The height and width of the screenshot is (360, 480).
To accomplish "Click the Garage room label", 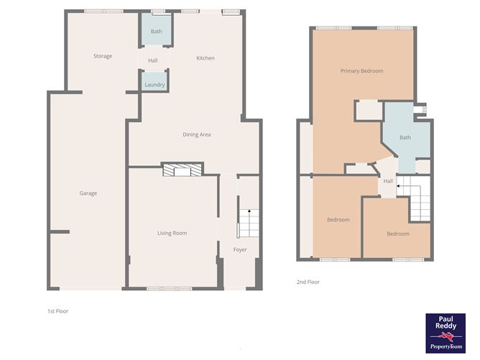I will click(x=88, y=193).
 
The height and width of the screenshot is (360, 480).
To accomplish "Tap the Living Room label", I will click(x=172, y=233).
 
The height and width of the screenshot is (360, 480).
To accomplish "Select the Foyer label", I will click(x=239, y=250).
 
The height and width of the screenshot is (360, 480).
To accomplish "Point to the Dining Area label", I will click(x=196, y=134).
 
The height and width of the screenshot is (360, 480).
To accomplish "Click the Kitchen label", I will click(x=206, y=58).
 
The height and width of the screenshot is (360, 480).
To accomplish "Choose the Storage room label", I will click(x=103, y=56).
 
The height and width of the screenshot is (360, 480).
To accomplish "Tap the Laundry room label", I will click(x=154, y=85).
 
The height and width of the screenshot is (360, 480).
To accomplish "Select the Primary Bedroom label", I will click(x=361, y=71).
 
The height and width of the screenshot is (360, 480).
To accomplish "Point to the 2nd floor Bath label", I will click(x=405, y=137).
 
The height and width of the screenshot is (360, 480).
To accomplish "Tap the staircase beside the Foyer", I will click(x=247, y=223).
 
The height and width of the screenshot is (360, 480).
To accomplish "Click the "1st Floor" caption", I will click(x=57, y=311).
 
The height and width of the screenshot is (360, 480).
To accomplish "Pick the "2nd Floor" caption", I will click(x=308, y=282).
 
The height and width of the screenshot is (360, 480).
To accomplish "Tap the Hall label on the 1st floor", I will click(x=153, y=60).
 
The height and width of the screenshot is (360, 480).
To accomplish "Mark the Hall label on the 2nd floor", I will click(x=388, y=181).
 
